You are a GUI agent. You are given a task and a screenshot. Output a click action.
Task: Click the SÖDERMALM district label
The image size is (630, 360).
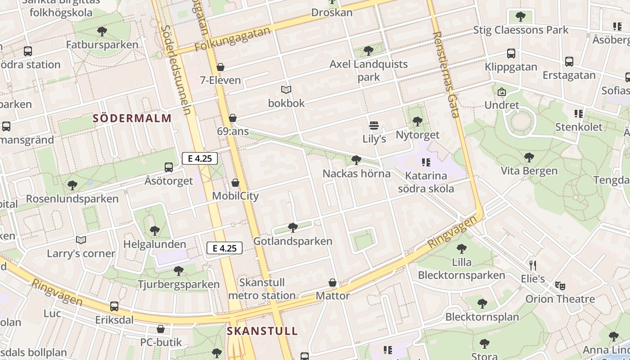pyautogui.click(x=132, y=118)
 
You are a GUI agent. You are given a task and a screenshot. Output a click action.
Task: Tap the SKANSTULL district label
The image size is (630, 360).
pyautogui.click(x=262, y=331)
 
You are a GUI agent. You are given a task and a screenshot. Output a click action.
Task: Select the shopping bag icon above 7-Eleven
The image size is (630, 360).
pyautogui.click(x=220, y=67)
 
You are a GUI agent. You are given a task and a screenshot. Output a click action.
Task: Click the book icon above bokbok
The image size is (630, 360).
pyautogui.click(x=286, y=90)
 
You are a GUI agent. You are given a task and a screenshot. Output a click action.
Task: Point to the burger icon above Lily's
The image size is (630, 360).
pyautogui.click(x=374, y=125)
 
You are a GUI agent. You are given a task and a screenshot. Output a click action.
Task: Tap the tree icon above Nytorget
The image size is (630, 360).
pyautogui.click(x=418, y=121)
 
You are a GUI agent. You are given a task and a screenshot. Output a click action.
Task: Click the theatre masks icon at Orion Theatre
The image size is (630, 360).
pyautogui.click(x=560, y=285)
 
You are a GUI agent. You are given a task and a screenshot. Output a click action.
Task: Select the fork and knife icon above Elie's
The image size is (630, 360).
pyautogui.click(x=533, y=265)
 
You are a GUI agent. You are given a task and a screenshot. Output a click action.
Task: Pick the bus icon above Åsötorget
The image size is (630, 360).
pyautogui.click(x=169, y=167)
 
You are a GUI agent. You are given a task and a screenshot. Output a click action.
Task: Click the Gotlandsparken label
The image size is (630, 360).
pyautogui.click(x=293, y=241)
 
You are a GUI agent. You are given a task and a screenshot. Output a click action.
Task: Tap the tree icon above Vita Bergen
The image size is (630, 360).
pyautogui.click(x=529, y=157)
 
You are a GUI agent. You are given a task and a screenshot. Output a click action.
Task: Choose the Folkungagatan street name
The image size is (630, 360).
pyautogui.click(x=233, y=39)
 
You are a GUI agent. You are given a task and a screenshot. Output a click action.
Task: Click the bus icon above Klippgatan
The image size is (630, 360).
pyautogui.click(x=511, y=54)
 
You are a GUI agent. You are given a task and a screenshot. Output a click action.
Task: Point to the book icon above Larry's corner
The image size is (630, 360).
pyautogui.click(x=81, y=240)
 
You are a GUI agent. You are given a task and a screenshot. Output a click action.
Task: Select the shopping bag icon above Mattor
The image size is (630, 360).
pyautogui.click(x=333, y=283)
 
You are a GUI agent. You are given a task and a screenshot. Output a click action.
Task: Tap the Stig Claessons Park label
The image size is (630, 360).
pyautogui.click(x=521, y=30)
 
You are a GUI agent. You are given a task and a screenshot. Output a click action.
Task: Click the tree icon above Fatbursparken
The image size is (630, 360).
pyautogui.click(x=102, y=31)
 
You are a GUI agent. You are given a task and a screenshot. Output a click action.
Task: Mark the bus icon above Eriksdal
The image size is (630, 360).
pyautogui.click(x=114, y=306)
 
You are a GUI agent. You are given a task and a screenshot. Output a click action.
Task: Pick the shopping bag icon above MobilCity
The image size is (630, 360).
pyautogui.click(x=235, y=183)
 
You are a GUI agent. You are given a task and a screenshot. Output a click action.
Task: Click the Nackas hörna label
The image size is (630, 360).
pyautogui.click(x=356, y=173)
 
